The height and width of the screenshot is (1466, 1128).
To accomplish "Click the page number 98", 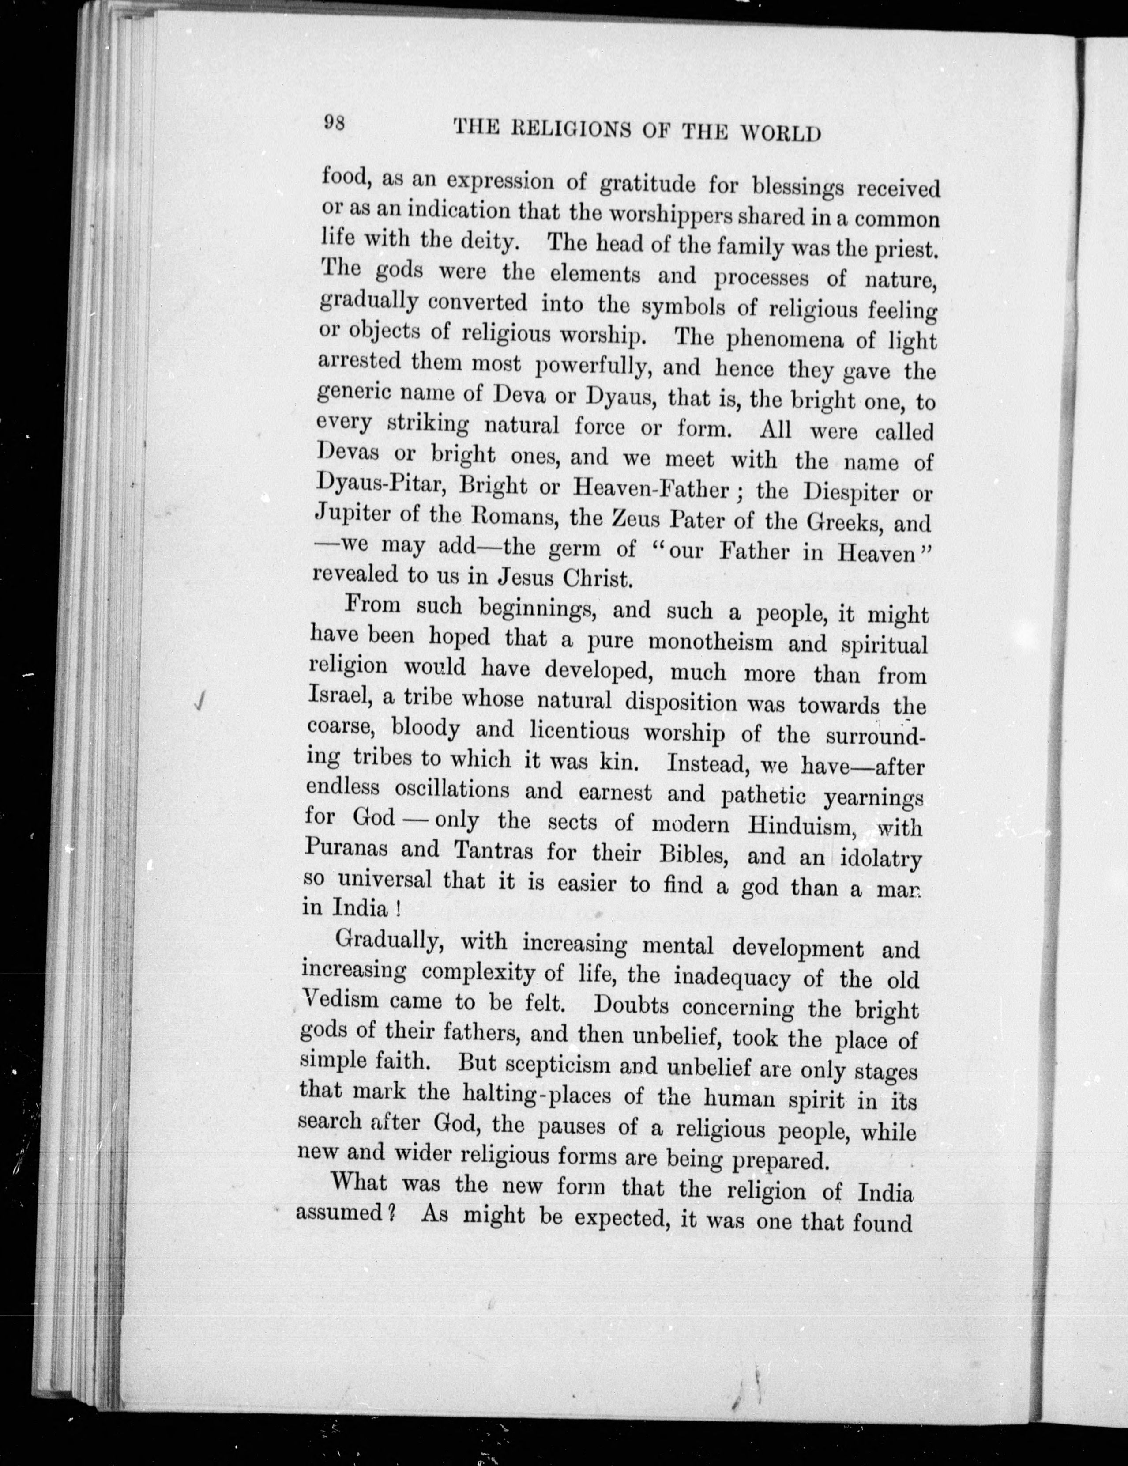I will pyautogui.click(x=334, y=123).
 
